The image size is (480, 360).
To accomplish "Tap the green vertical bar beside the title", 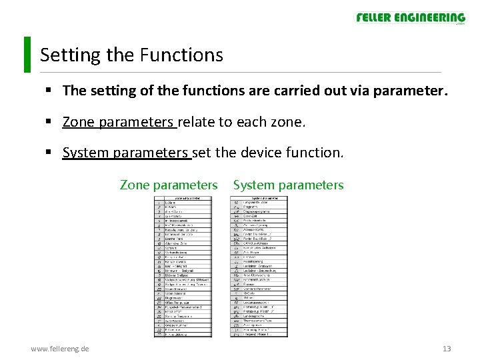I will coord(27,54).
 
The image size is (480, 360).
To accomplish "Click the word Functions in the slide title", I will coord(181,55).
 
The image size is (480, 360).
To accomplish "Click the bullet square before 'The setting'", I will coord(50,91).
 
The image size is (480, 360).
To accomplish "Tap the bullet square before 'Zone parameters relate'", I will coord(50,122).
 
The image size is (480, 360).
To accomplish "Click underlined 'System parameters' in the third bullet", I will coord(125,153).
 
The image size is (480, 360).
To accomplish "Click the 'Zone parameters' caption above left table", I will coord(169,185).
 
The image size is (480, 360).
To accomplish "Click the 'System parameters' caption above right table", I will coord(288,185).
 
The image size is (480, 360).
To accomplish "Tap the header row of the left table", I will coord(183,198).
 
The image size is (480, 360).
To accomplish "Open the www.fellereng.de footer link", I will coord(61,348).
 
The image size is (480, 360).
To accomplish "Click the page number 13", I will coord(447,348).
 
